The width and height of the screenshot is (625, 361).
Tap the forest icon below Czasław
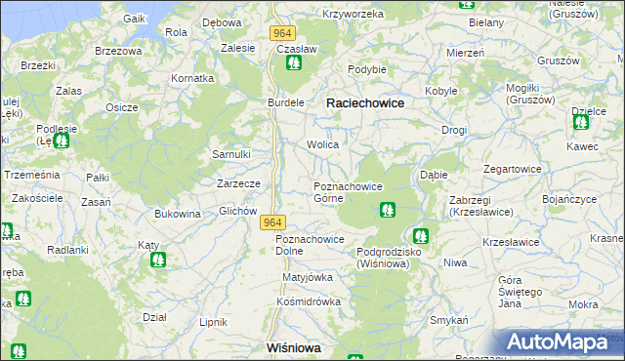293,64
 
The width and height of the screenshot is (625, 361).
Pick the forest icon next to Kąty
157,261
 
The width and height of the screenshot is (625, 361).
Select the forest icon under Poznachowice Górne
388,209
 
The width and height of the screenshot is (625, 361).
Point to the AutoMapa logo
561,342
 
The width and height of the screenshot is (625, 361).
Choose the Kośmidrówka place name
308,301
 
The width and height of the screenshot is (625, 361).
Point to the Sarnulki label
232,154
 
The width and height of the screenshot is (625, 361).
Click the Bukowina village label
177,213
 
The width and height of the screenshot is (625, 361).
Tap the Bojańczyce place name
568,199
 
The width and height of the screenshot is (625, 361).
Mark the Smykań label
450,320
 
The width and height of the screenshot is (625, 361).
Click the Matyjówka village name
308,276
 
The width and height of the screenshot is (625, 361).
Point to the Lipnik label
213,321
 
